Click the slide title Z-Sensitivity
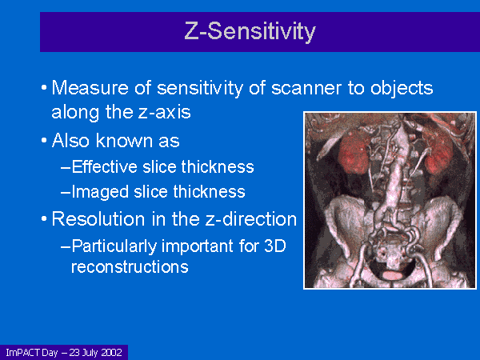tap(250, 31)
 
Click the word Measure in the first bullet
tap(90, 88)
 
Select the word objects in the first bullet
tap(402, 89)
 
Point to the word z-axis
tap(164, 112)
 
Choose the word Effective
tap(104, 167)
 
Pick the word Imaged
tap(100, 192)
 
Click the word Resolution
tap(98, 219)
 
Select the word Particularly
tap(114, 246)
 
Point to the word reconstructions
tap(130, 266)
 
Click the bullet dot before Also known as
tap(44, 141)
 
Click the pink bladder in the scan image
tap(393, 275)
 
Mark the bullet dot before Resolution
tap(44, 219)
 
